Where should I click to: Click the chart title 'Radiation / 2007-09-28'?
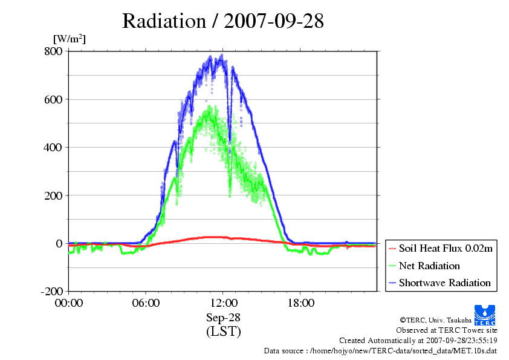(x=222, y=21)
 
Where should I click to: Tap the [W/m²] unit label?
(x=70, y=39)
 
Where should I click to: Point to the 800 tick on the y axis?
(x=53, y=51)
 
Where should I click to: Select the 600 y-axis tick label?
(x=53, y=99)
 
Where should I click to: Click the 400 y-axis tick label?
(x=53, y=148)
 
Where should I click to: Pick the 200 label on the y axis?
(x=53, y=195)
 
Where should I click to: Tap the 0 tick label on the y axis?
(x=59, y=243)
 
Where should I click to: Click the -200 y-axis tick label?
(x=51, y=291)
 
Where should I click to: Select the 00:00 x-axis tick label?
(x=69, y=303)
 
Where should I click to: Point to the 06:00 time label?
(x=146, y=303)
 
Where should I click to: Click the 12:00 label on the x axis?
(x=223, y=303)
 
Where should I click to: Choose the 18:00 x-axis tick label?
(x=300, y=303)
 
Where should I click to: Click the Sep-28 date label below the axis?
(x=223, y=318)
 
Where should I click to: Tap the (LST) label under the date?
(x=223, y=332)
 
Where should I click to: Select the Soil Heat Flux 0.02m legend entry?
(x=441, y=249)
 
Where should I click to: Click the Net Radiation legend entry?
(x=424, y=266)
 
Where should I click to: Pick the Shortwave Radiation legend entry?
(x=440, y=283)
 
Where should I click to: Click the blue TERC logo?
(x=485, y=315)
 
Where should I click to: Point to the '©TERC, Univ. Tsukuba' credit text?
(x=436, y=320)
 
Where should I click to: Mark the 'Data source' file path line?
(x=380, y=351)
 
